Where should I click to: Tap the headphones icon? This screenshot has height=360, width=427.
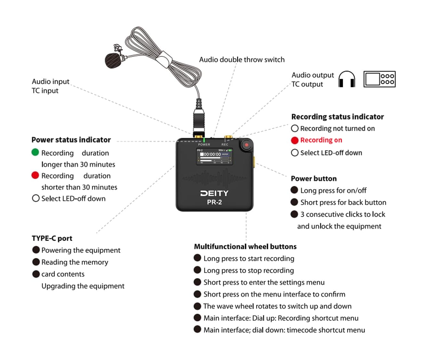pyautogui.click(x=347, y=79)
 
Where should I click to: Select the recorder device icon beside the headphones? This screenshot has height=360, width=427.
pyautogui.click(x=379, y=79)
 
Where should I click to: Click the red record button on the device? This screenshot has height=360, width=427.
pyautogui.click(x=246, y=145)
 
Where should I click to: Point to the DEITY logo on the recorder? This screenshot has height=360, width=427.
pyautogui.click(x=214, y=193)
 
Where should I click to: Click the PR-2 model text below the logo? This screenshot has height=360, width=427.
pyautogui.click(x=214, y=202)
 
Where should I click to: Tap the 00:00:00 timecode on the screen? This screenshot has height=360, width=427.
pyautogui.click(x=212, y=154)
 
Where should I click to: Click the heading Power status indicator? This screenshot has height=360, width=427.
pyautogui.click(x=71, y=140)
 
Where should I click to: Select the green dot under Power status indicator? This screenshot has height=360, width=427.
pyautogui.click(x=35, y=152)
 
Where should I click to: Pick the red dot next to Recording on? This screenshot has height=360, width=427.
pyautogui.click(x=294, y=140)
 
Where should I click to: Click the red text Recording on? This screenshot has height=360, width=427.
pyautogui.click(x=321, y=140)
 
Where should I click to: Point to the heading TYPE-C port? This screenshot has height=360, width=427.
pyautogui.click(x=52, y=238)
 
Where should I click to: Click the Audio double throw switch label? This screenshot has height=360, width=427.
pyautogui.click(x=242, y=60)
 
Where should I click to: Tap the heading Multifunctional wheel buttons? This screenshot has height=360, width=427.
pyautogui.click(x=245, y=247)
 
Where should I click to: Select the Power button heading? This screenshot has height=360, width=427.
pyautogui.click(x=314, y=179)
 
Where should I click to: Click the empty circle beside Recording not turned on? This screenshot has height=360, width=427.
pyautogui.click(x=294, y=129)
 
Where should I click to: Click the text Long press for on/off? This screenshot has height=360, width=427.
pyautogui.click(x=333, y=190)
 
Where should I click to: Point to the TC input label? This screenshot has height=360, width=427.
pyautogui.click(x=45, y=91)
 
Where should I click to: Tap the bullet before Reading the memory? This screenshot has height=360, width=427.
pyautogui.click(x=36, y=262)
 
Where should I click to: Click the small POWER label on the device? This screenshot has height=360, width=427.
pyautogui.click(x=204, y=145)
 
